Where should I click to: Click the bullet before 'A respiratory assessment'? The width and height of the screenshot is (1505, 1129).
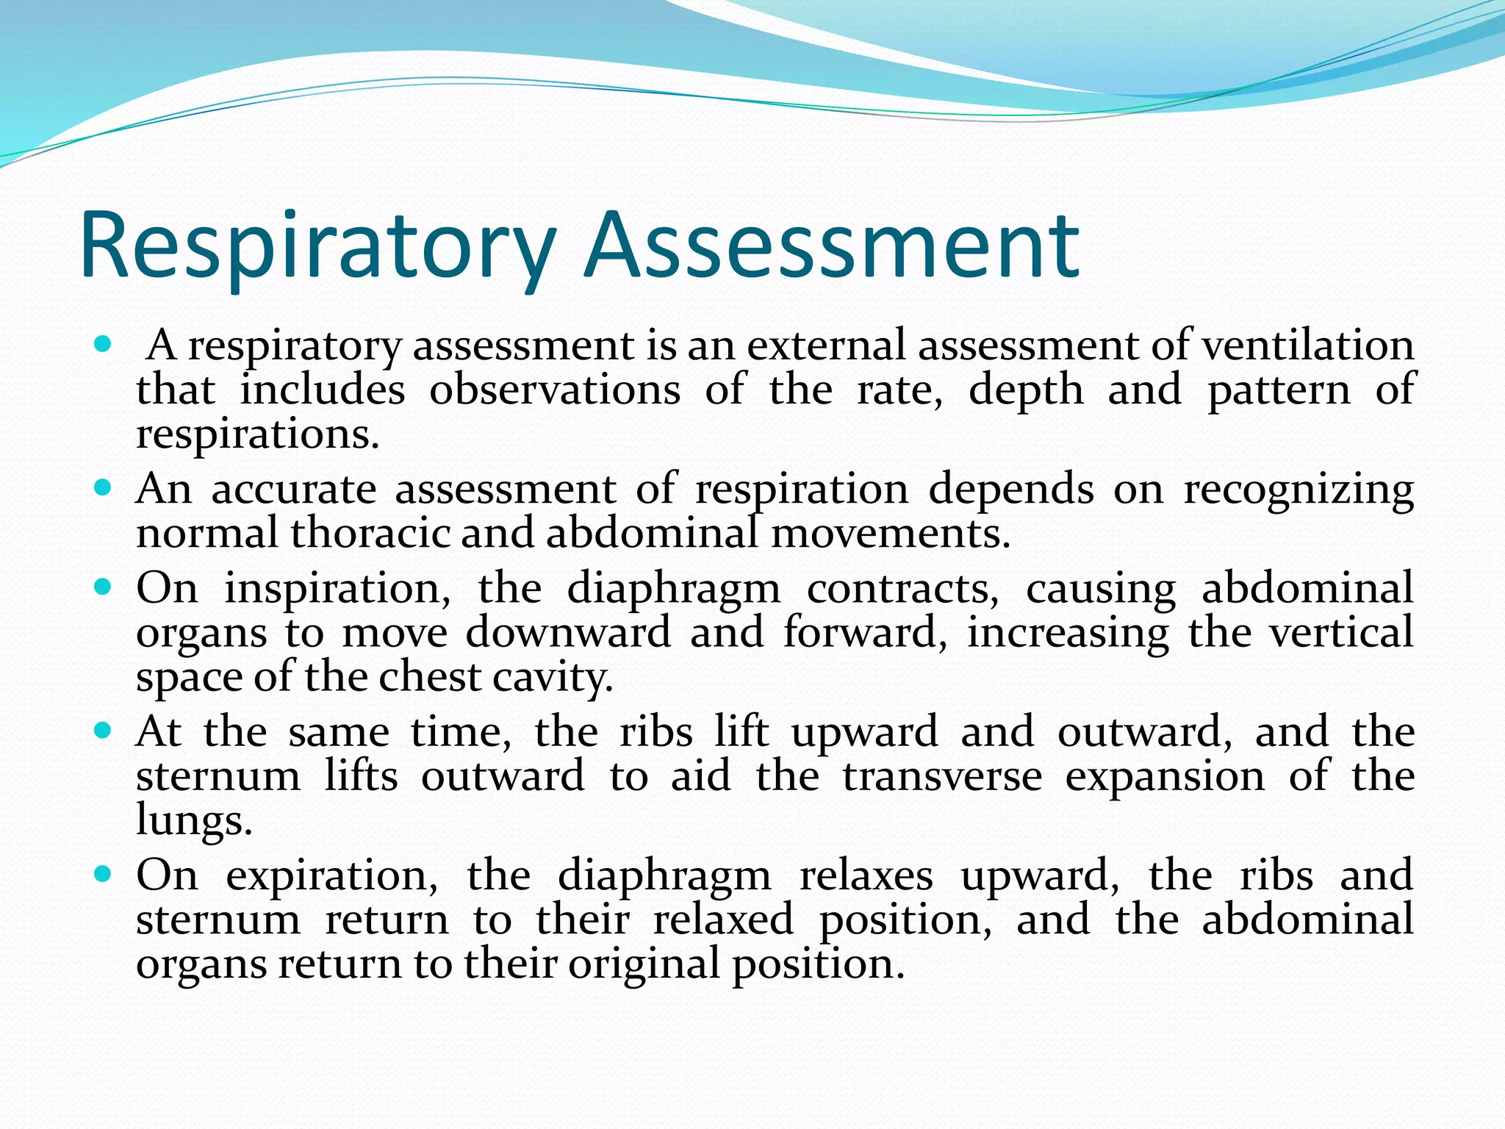pyautogui.click(x=103, y=343)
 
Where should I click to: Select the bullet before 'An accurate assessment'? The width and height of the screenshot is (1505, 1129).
pyautogui.click(x=103, y=487)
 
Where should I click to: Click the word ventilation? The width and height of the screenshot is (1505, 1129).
pyautogui.click(x=1307, y=345)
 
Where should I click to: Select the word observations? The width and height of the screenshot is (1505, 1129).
pyautogui.click(x=555, y=390)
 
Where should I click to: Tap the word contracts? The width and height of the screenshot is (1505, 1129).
pyautogui.click(x=903, y=589)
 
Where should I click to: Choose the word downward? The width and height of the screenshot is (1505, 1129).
pyautogui.click(x=568, y=632)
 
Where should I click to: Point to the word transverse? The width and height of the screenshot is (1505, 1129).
pyautogui.click(x=942, y=776)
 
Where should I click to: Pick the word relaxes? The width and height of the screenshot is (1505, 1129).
pyautogui.click(x=866, y=875)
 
